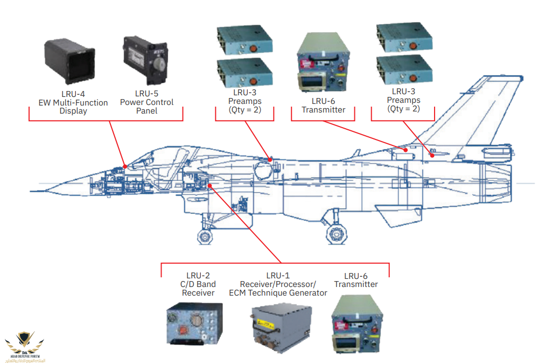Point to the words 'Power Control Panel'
pos(146,106)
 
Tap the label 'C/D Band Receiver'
pos(198,289)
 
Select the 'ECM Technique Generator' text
pos(278,293)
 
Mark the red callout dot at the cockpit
pos(125,166)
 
